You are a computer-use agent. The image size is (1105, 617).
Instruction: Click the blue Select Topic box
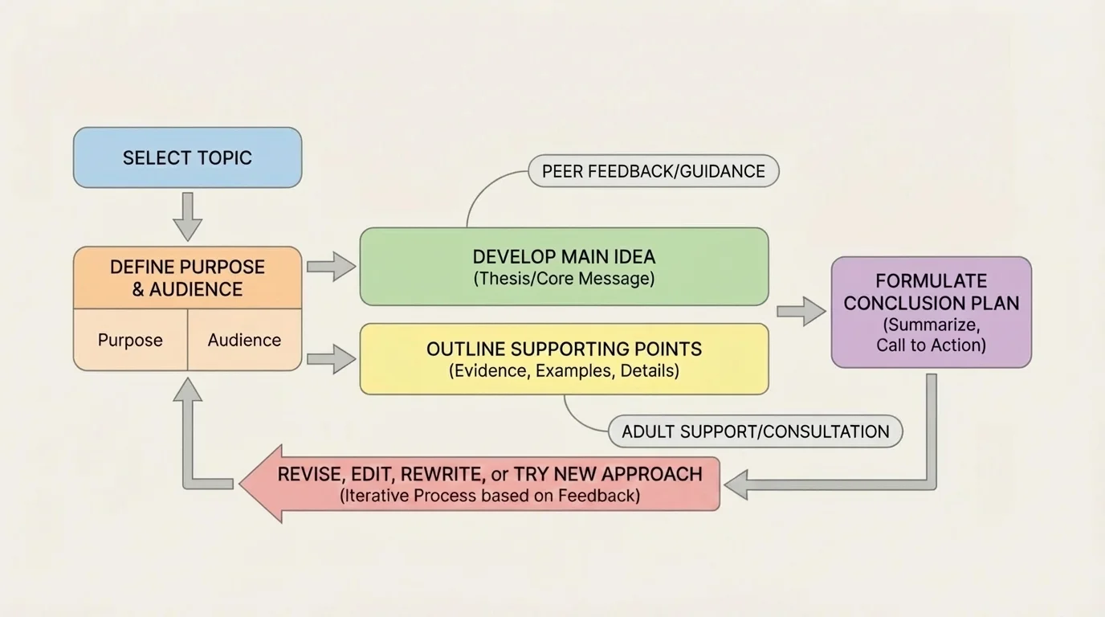pyautogui.click(x=187, y=157)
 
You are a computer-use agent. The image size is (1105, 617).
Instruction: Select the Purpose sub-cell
pyautogui.click(x=130, y=340)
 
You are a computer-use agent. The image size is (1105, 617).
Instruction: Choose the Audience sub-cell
pyautogui.click(x=244, y=340)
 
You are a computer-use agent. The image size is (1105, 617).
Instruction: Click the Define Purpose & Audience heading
pyautogui.click(x=187, y=278)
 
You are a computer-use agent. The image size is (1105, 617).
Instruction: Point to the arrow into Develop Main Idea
pyautogui.click(x=331, y=266)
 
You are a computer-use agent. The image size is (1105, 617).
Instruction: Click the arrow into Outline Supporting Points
pyautogui.click(x=331, y=358)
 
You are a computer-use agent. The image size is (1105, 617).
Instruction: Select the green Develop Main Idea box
pyautogui.click(x=564, y=267)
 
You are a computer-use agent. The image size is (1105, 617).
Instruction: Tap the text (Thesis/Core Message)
pyautogui.click(x=564, y=279)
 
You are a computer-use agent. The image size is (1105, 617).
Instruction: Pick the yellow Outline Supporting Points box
pyautogui.click(x=564, y=359)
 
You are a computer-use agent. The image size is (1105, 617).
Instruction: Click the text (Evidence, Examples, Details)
pyautogui.click(x=564, y=371)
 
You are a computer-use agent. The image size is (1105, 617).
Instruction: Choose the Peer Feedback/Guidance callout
pyautogui.click(x=653, y=171)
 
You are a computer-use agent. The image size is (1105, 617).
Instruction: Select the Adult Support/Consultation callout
pyautogui.click(x=755, y=431)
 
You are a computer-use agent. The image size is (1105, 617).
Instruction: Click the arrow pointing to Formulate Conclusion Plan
pyautogui.click(x=801, y=311)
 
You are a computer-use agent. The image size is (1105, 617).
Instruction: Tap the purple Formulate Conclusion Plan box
pyautogui.click(x=931, y=312)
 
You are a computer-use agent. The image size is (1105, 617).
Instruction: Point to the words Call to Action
pyautogui.click(x=931, y=345)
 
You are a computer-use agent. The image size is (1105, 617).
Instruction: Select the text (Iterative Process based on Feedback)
pyautogui.click(x=490, y=496)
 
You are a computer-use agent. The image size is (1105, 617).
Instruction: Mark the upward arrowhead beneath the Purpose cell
pyautogui.click(x=187, y=391)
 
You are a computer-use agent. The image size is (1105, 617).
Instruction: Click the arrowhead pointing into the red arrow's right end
pyautogui.click(x=737, y=484)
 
